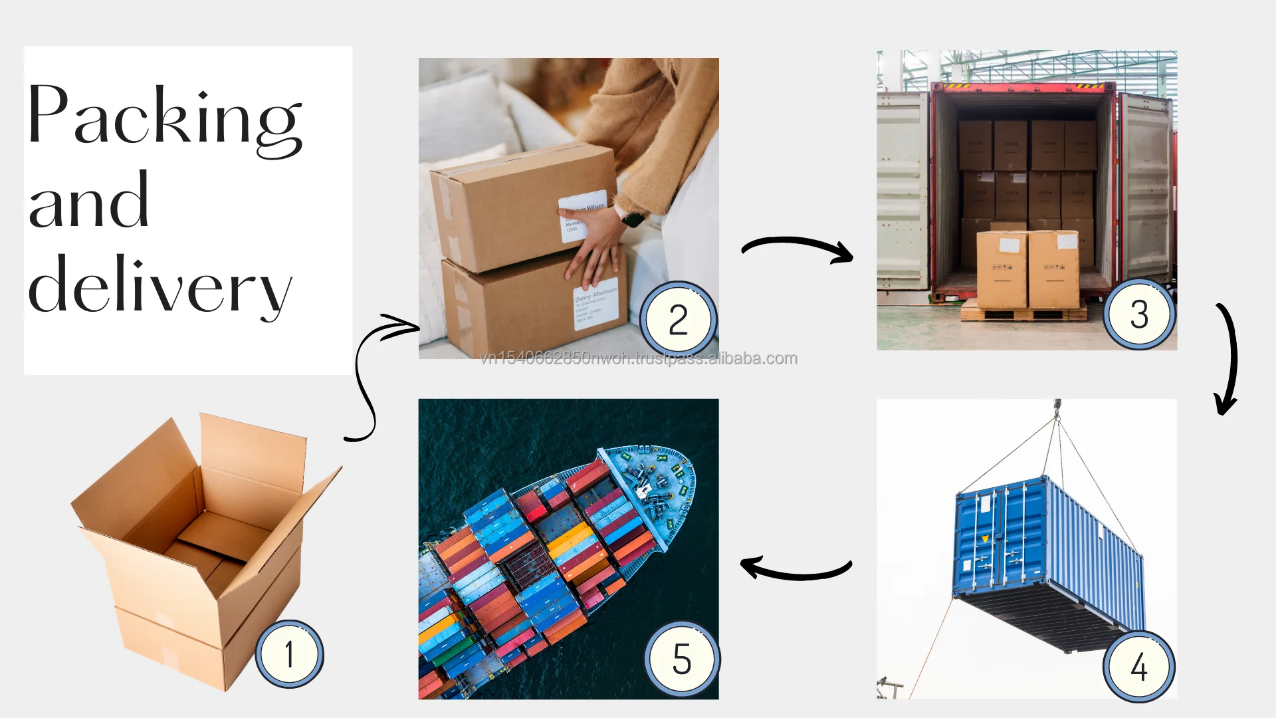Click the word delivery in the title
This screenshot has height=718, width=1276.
point(159,286)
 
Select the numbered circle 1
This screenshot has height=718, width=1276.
point(290,654)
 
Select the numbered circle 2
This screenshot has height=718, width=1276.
point(679,320)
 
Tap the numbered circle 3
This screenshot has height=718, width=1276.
point(1140,314)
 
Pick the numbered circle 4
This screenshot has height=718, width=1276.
point(1139,666)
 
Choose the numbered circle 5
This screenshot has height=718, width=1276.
point(682,659)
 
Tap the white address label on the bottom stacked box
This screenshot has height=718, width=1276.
point(595,306)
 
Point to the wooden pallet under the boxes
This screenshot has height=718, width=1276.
point(1023,311)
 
